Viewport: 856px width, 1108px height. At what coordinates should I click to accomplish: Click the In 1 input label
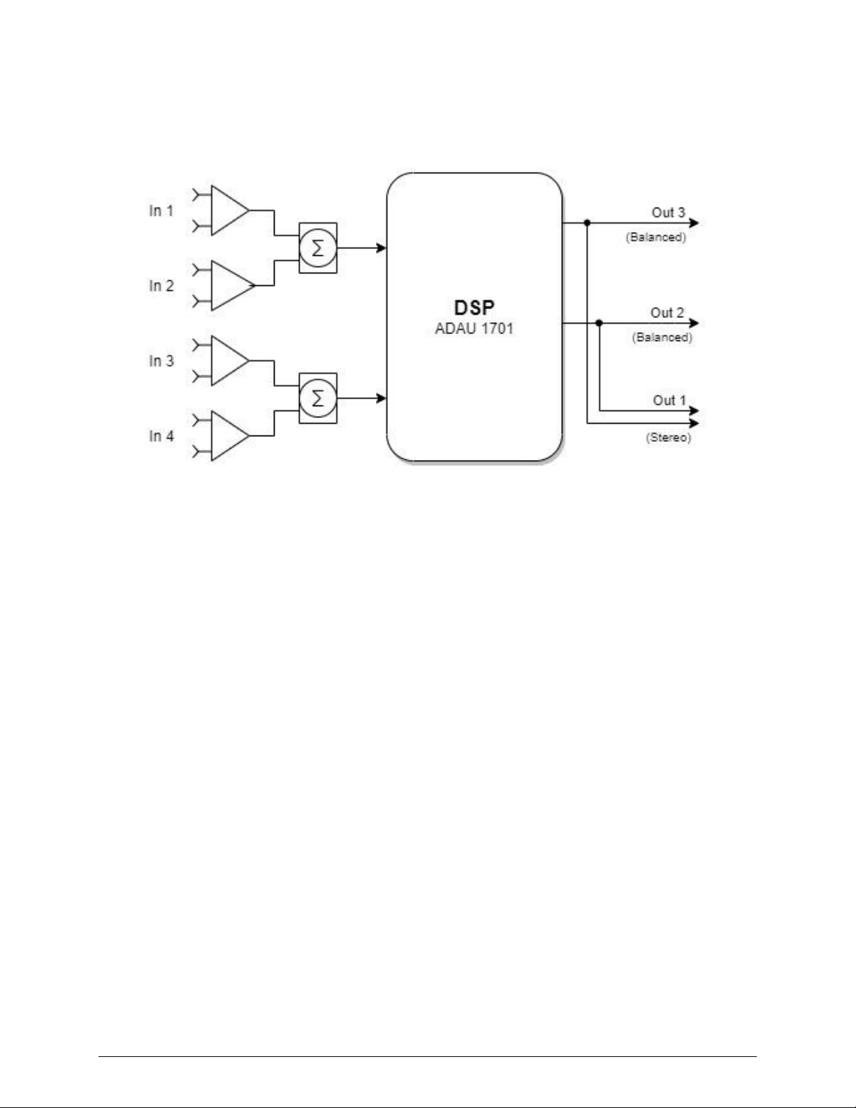pyautogui.click(x=161, y=210)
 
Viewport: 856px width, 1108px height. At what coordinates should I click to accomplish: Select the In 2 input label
pyautogui.click(x=161, y=286)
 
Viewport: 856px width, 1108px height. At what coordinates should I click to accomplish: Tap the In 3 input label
pyautogui.click(x=161, y=361)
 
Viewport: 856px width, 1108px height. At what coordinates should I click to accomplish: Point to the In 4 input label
pyautogui.click(x=161, y=436)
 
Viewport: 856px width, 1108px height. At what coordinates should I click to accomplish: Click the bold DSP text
pyautogui.click(x=474, y=308)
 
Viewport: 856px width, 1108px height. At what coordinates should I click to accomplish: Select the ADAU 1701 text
pyautogui.click(x=474, y=329)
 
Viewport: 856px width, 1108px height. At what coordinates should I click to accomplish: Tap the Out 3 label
pyautogui.click(x=668, y=213)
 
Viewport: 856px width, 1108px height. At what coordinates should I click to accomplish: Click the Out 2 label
pyautogui.click(x=667, y=312)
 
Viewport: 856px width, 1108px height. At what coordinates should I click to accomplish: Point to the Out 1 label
pyautogui.click(x=669, y=401)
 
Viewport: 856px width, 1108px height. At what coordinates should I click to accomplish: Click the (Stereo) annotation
pyautogui.click(x=669, y=438)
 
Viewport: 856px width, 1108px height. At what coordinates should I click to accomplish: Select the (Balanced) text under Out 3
pyautogui.click(x=655, y=237)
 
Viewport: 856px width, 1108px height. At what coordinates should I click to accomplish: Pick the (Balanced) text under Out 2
pyautogui.click(x=662, y=338)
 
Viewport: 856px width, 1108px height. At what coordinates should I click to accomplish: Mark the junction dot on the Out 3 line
pyautogui.click(x=587, y=223)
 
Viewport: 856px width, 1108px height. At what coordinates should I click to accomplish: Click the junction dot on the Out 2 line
pyautogui.click(x=600, y=323)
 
